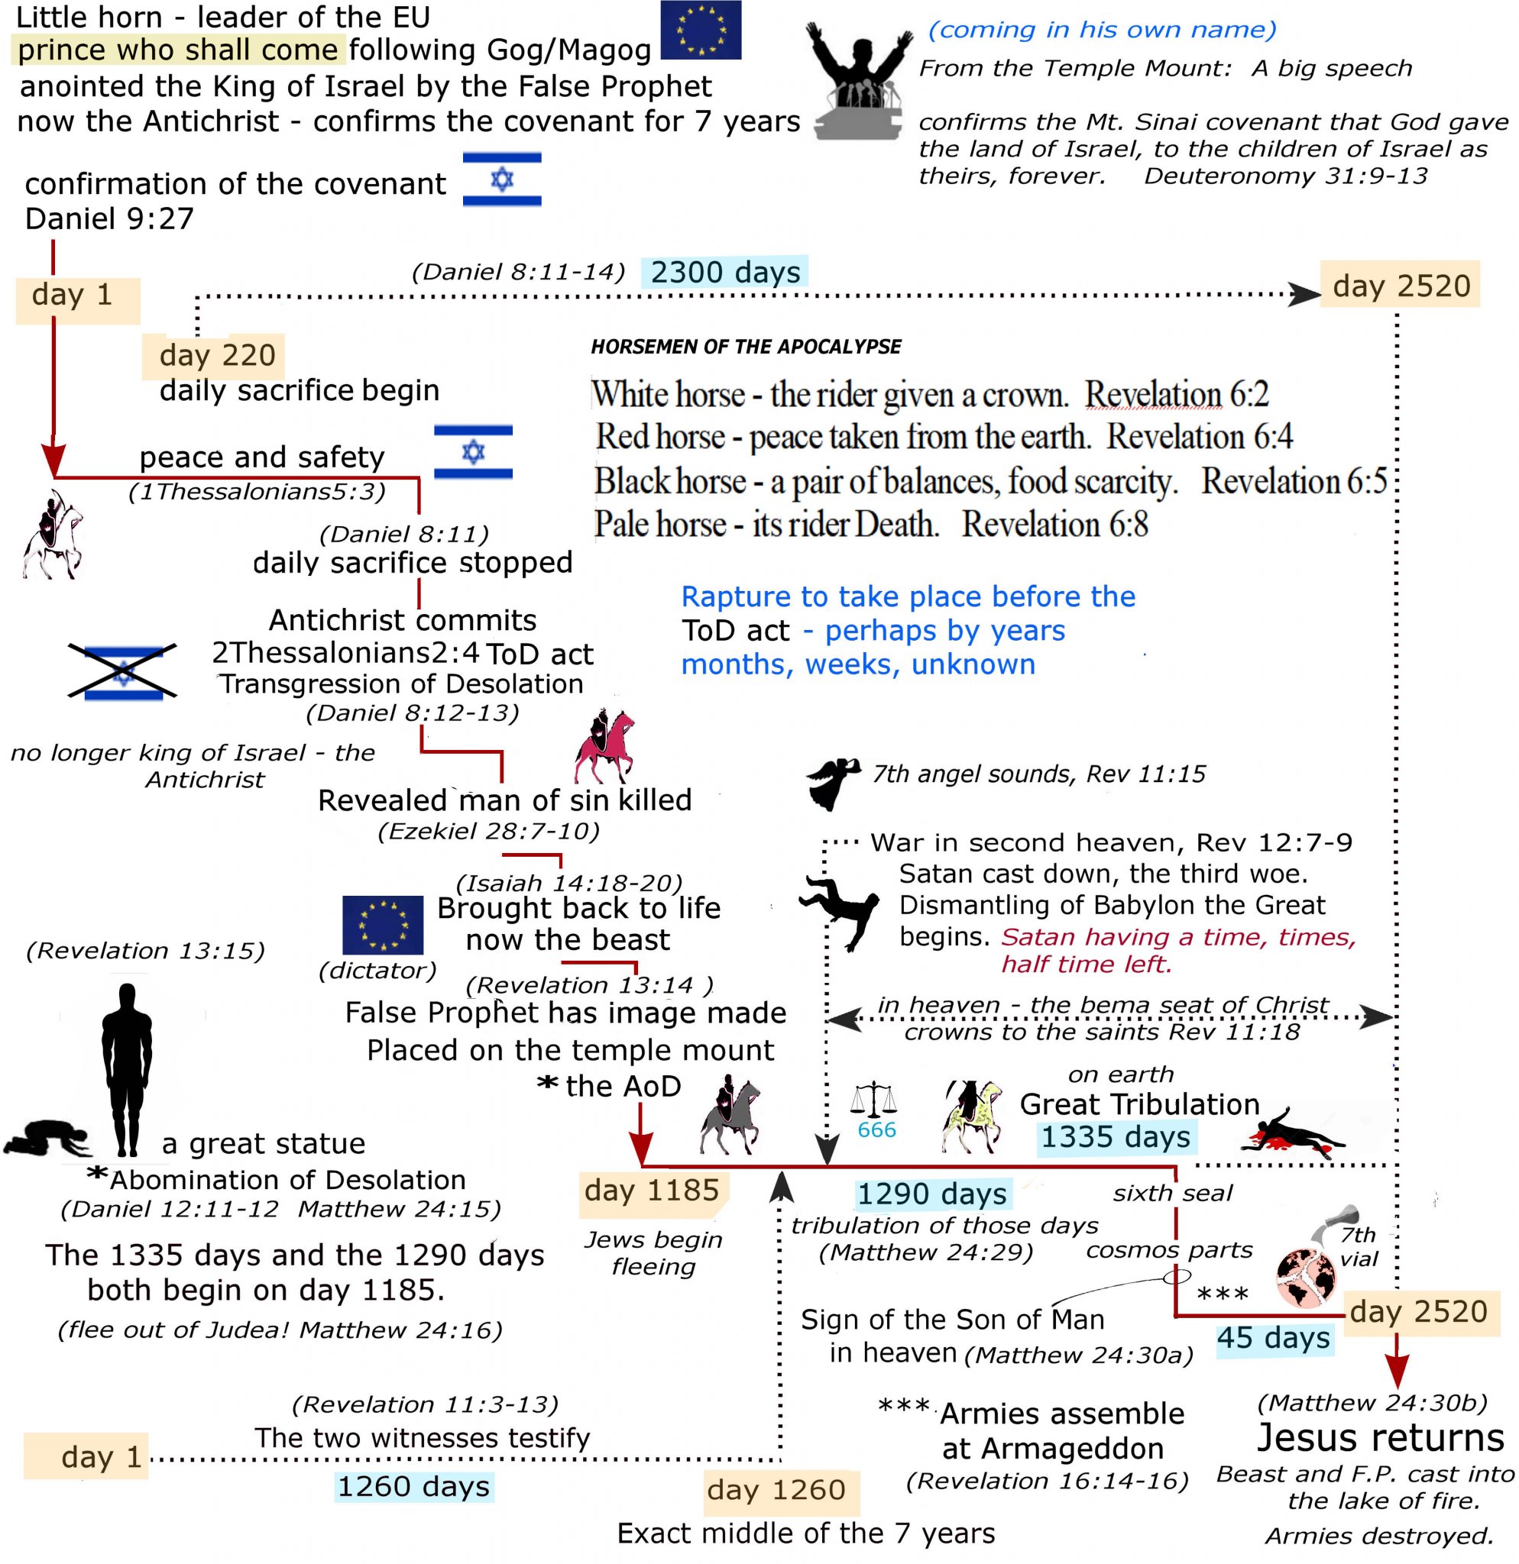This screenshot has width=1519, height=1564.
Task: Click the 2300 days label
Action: pos(725,272)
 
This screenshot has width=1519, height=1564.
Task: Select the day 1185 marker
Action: pos(651,1190)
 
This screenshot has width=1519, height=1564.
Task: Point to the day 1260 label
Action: pos(776,1489)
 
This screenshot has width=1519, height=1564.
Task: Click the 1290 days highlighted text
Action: pos(931,1194)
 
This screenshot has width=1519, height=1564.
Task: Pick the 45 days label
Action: pos(1273,1337)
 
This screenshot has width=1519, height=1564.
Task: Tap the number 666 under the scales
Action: pos(876,1129)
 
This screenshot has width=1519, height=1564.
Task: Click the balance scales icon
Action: pos(874,1100)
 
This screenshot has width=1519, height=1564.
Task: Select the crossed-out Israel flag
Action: pos(123,673)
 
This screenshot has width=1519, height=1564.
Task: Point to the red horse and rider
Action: pos(604,746)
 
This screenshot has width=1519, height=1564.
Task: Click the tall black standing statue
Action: pos(126,1069)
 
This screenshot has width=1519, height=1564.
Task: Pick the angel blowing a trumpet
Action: pos(833,782)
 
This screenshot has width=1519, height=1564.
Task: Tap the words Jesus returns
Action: pos(1380,1437)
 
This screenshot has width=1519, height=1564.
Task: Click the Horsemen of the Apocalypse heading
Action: pos(746,346)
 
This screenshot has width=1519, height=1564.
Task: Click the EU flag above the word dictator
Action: pos(382,925)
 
